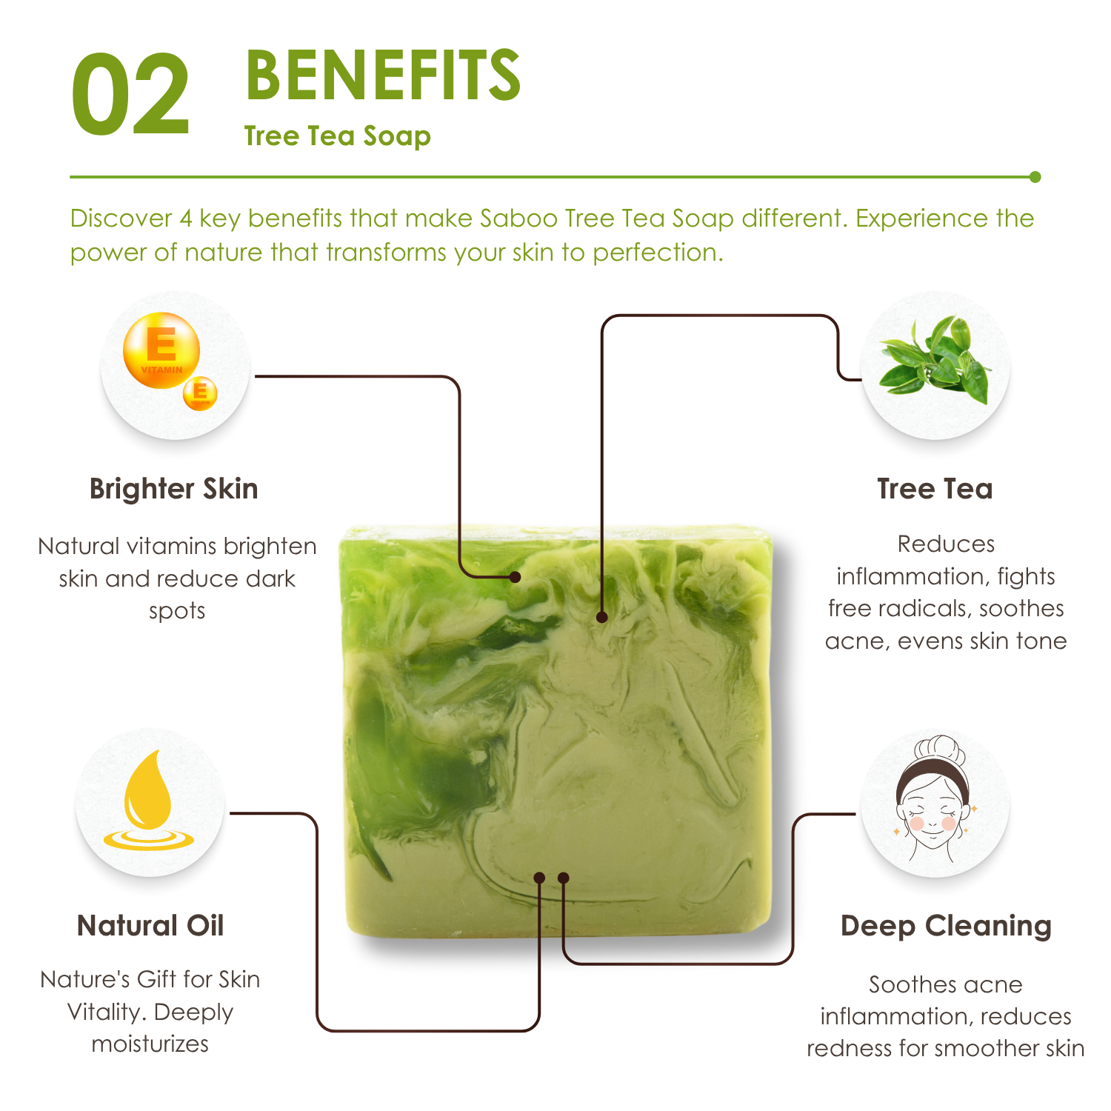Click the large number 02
coord(131,94)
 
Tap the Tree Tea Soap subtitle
coord(338,136)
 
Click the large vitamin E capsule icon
coord(161,350)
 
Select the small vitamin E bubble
coord(200,393)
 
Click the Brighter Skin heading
coord(174,490)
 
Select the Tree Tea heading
coord(935,489)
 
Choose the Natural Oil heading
coord(150,926)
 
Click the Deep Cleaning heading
coord(946,927)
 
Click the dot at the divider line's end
coord(1035,177)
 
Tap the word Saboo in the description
coord(519,218)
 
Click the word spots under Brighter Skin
coord(177,612)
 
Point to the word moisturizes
coord(150,1044)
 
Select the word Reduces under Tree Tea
coord(946,544)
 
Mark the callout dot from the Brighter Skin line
coord(516,577)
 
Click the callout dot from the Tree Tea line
coord(602,617)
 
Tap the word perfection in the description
coord(658,253)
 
